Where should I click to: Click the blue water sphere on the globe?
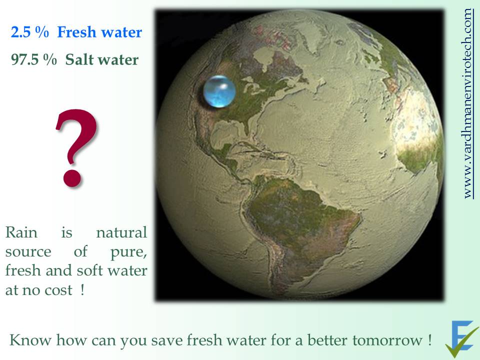click(219, 91)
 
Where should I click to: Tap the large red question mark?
click(76, 147)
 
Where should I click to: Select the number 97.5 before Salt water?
click(25, 59)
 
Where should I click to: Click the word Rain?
click(21, 232)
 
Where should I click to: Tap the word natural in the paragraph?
click(121, 232)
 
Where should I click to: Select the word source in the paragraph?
click(28, 252)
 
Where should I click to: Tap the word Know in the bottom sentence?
click(30, 340)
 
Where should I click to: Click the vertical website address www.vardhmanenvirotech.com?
click(468, 103)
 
